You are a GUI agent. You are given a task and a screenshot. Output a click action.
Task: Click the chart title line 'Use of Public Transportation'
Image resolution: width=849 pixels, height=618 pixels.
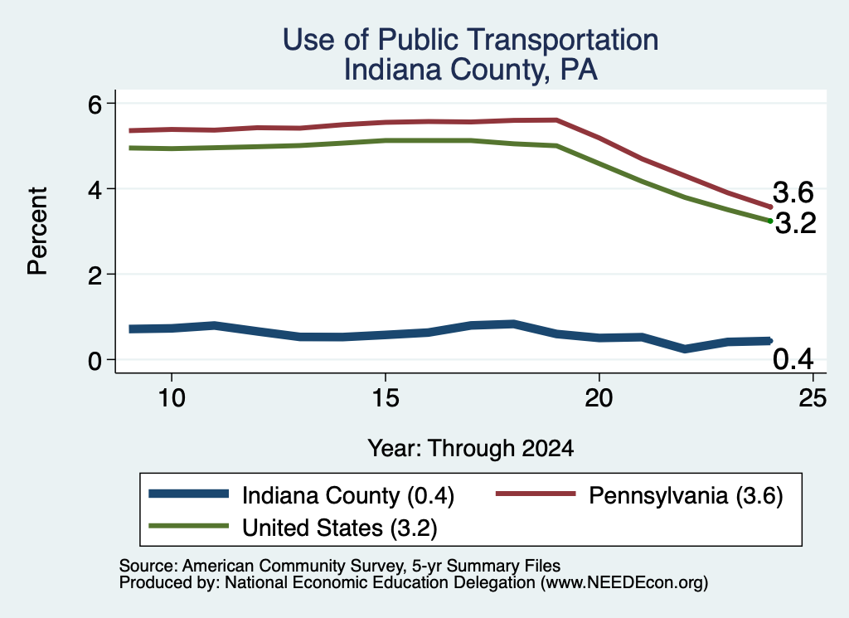[471, 40]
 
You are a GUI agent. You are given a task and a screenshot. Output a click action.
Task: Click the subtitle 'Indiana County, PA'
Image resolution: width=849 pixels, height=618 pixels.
[471, 70]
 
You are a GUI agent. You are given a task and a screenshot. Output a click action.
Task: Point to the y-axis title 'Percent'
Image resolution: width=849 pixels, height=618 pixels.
[37, 231]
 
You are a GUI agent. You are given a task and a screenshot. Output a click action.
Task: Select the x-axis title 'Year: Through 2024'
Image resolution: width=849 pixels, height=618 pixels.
[471, 449]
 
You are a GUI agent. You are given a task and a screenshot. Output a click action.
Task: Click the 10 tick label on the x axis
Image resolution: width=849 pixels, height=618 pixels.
[172, 398]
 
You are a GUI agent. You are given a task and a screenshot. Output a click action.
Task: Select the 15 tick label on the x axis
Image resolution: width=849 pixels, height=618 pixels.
[386, 398]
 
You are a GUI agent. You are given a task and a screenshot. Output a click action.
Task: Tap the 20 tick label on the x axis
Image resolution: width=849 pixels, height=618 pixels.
[599, 398]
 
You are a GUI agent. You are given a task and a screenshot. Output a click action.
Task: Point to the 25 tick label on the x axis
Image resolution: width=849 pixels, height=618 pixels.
[813, 398]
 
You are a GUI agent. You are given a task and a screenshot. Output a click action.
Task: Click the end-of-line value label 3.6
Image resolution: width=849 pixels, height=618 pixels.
[793, 192]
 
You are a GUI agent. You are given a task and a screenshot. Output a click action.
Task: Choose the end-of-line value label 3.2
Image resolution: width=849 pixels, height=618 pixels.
[795, 223]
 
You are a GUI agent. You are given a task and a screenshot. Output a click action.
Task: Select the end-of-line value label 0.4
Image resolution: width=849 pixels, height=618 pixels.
[793, 359]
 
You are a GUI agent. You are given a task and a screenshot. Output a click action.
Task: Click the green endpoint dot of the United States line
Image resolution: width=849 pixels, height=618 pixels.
[770, 221]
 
